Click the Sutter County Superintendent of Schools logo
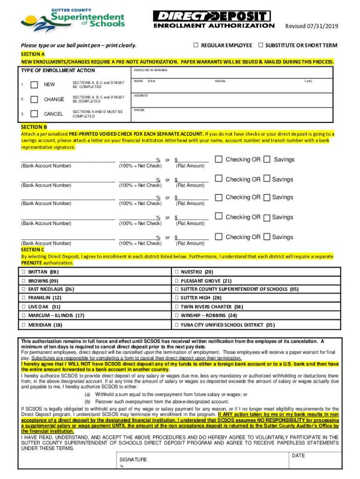[x=72, y=19]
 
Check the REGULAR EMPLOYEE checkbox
[x=196, y=45]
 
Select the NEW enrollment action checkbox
[x=34, y=85]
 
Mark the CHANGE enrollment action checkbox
[x=34, y=99]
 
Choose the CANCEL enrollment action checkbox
[x=34, y=114]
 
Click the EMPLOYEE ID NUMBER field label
[x=151, y=70]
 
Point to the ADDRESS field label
[x=141, y=95]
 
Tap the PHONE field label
[x=139, y=110]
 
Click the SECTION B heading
[x=34, y=127]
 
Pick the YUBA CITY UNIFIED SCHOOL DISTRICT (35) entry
[x=225, y=325]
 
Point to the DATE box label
[x=298, y=455]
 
